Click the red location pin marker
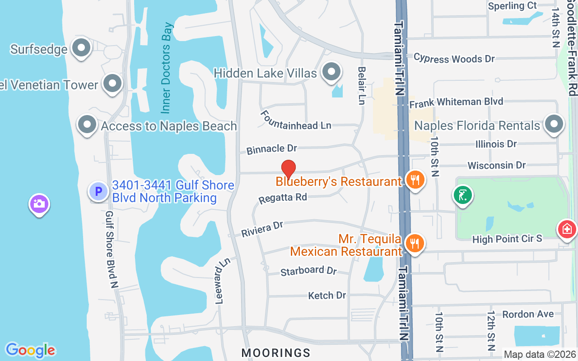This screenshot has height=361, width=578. pyautogui.click(x=289, y=170)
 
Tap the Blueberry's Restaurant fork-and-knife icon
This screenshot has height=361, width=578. pyautogui.click(x=414, y=180)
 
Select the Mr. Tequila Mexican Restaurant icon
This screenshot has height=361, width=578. pyautogui.click(x=414, y=243)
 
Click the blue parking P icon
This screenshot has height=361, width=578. pyautogui.click(x=98, y=191)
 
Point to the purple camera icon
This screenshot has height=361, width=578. pyautogui.click(x=39, y=204)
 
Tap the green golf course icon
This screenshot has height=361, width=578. pyautogui.click(x=462, y=195)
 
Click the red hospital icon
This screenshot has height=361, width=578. pyautogui.click(x=567, y=229)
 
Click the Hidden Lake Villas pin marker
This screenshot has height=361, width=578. pyautogui.click(x=332, y=71)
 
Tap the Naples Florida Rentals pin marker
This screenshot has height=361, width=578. pyautogui.click(x=554, y=124)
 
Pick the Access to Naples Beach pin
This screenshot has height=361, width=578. pyautogui.click(x=87, y=125)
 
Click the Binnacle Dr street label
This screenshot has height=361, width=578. pyautogui.click(x=271, y=148)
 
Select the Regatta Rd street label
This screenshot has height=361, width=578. pyautogui.click(x=283, y=198)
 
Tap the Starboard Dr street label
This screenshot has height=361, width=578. pyautogui.click(x=308, y=271)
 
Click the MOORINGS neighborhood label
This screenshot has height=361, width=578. pyautogui.click(x=276, y=352)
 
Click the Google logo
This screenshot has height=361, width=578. pyautogui.click(x=30, y=350)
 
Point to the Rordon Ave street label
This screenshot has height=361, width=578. pyautogui.click(x=528, y=314)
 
